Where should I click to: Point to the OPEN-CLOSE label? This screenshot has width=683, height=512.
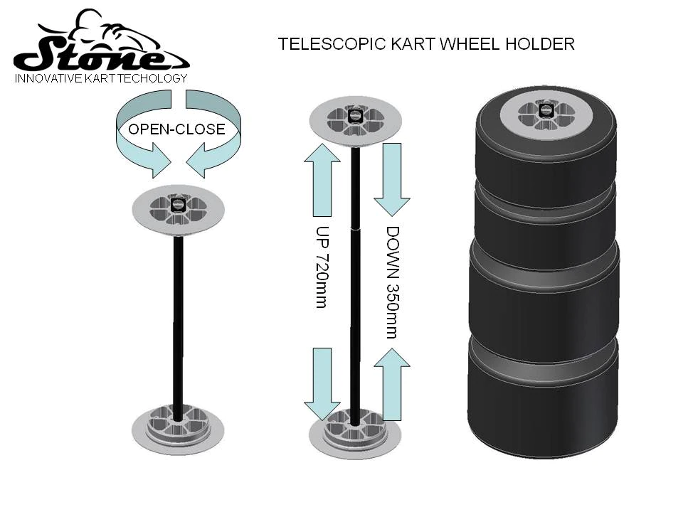[x=176, y=129]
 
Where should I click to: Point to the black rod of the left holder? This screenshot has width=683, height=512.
[x=178, y=320]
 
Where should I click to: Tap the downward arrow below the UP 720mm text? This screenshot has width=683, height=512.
[x=324, y=384]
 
